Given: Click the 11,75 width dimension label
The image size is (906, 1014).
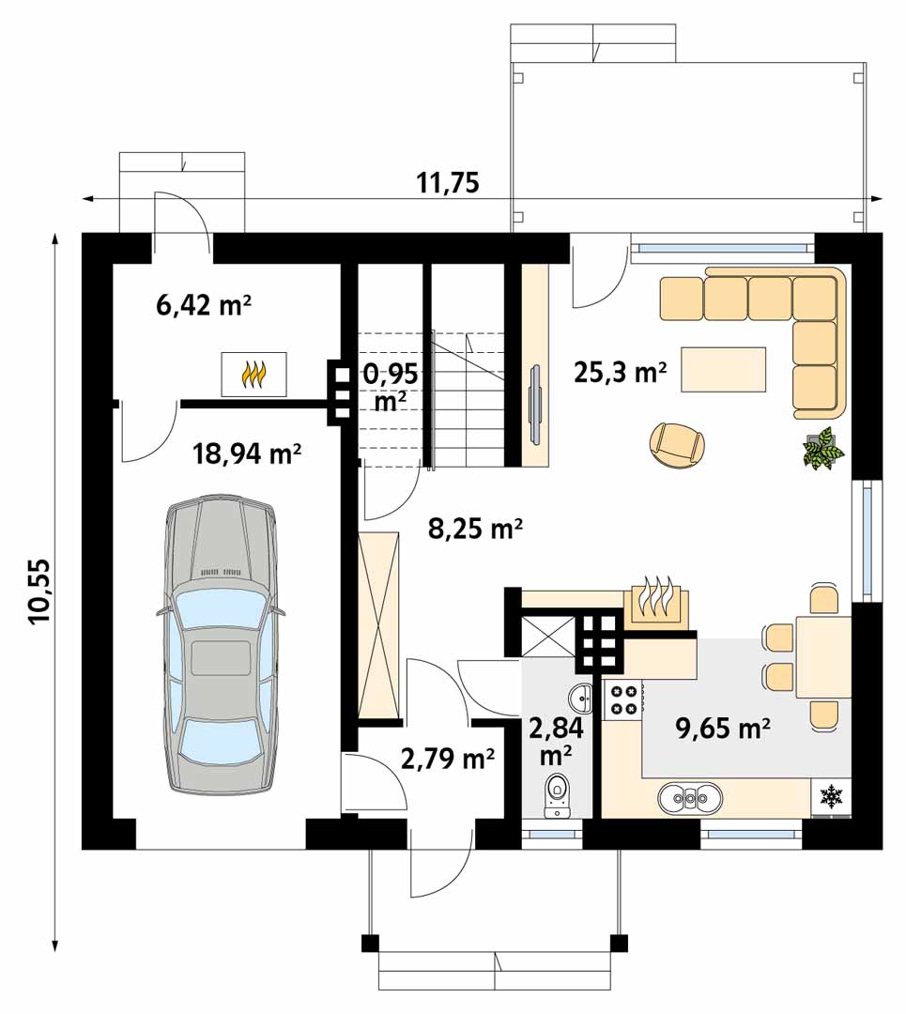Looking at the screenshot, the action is tap(448, 183).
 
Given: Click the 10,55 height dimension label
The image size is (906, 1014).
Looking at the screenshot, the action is tap(39, 591).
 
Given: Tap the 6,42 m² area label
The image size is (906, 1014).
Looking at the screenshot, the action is tap(204, 304).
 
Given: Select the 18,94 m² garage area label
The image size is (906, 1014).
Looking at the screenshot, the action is tap(247, 454).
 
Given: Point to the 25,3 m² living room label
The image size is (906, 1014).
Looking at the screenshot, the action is tap(621, 373).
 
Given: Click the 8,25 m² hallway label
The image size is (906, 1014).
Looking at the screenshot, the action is tap(475, 529).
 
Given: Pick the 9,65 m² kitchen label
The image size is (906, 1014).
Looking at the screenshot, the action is tap(723, 729).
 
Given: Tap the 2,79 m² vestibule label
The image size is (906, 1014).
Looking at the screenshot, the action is tap(448, 758).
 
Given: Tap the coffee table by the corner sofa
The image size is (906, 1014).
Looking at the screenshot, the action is tap(724, 370).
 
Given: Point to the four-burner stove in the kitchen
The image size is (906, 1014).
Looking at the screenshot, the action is tap(622, 699).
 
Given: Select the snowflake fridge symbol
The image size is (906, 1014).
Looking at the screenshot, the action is tap(830, 796).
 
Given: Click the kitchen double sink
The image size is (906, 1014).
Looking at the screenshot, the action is tap(690, 799).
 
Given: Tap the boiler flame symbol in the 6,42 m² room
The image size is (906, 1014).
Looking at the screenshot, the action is tap(253, 375).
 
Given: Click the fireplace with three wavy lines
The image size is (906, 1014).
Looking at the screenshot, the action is tap(656, 601).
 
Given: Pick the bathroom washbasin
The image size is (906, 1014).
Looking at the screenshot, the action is tap(580, 698).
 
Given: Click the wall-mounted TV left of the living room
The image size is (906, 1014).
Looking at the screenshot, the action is tap(535, 406).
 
